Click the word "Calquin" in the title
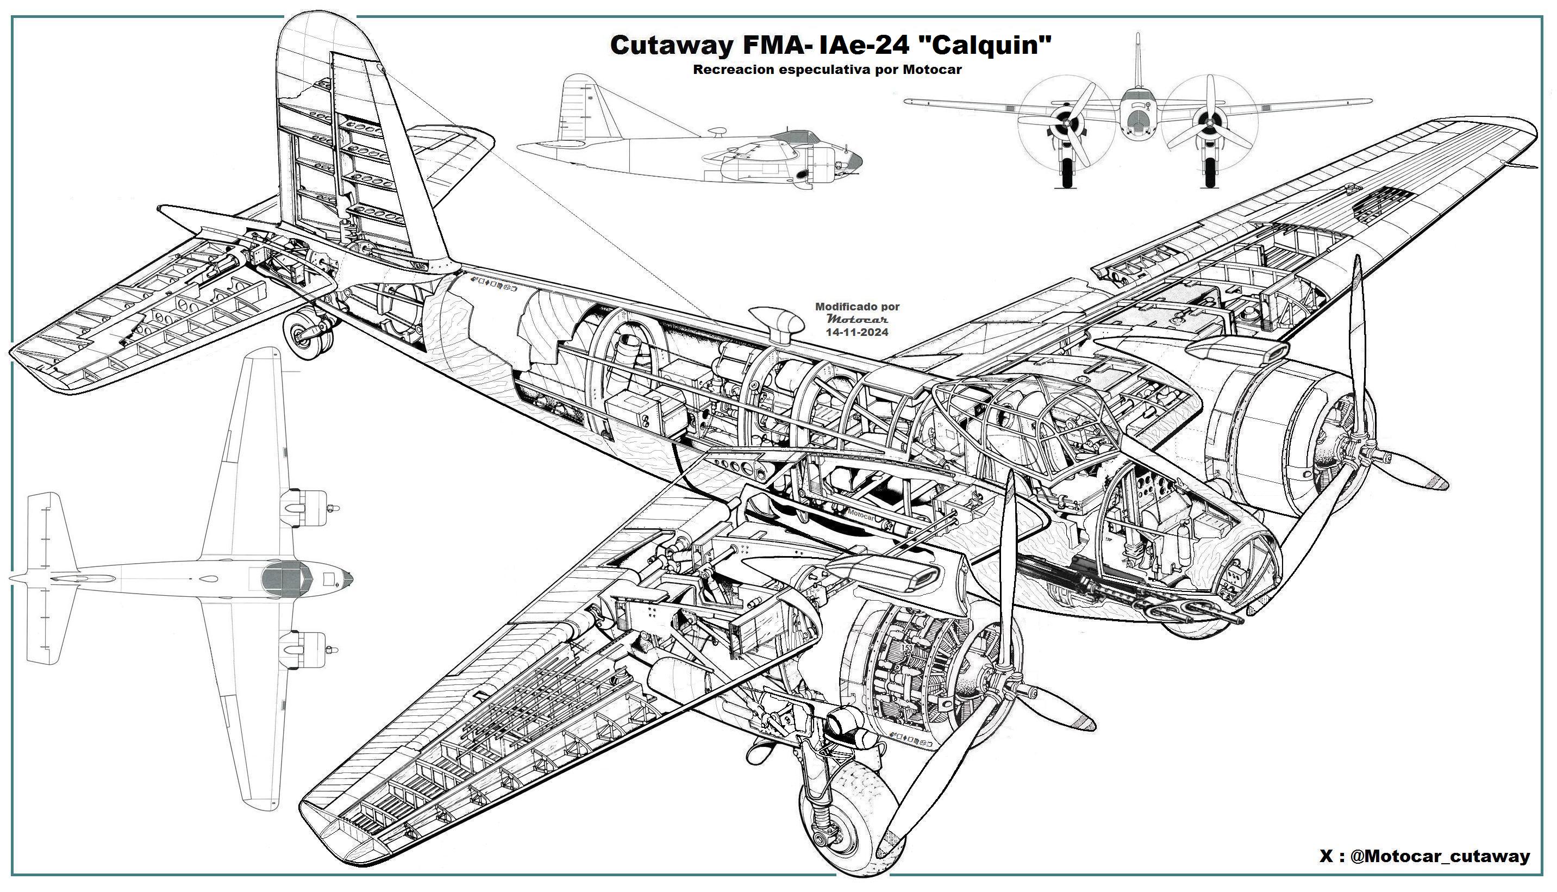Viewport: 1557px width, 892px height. pos(988,45)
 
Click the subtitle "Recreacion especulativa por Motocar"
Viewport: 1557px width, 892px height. pos(827,70)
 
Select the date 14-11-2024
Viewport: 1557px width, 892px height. pos(857,332)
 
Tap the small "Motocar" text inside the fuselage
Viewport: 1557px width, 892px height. pos(861,516)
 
